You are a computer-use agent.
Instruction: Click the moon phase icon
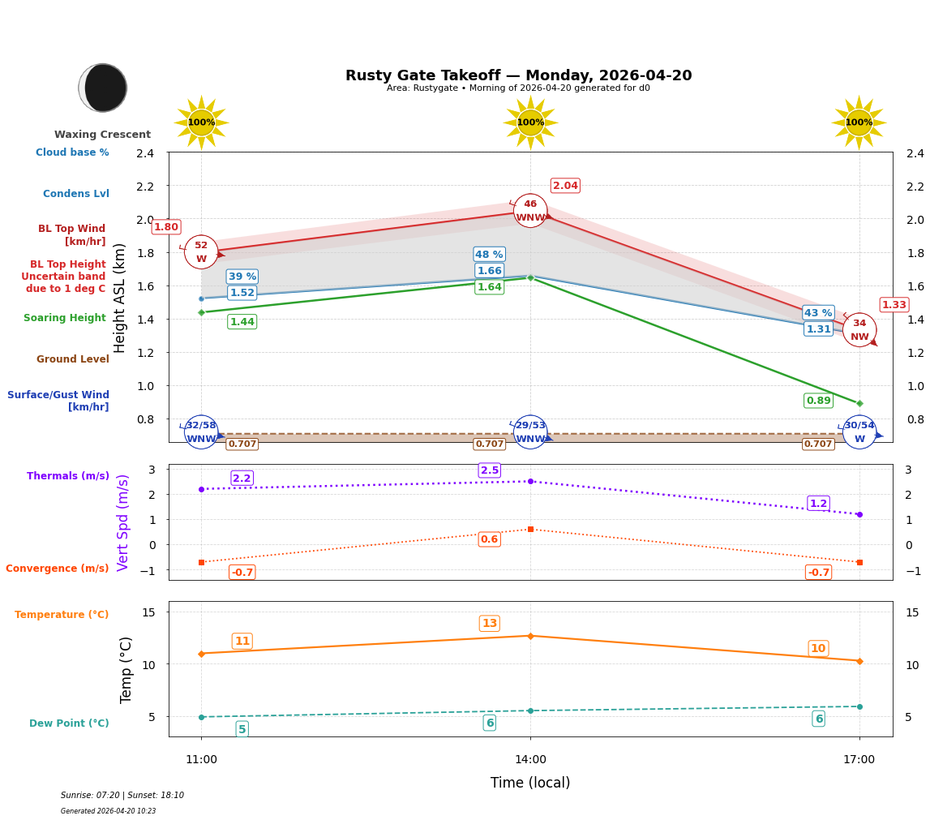click(x=103, y=88)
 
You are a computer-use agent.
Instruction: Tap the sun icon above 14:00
click(x=530, y=122)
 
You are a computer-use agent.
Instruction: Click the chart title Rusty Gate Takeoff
click(x=518, y=75)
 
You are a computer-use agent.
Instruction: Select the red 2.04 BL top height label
click(x=565, y=186)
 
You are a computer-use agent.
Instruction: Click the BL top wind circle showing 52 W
click(x=201, y=252)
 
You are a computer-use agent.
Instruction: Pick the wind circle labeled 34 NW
click(x=859, y=330)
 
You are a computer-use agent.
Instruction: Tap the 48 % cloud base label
click(x=489, y=255)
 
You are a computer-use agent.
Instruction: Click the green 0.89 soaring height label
click(x=818, y=401)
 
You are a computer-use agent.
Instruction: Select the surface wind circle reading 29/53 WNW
click(x=530, y=432)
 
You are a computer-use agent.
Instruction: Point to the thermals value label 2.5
click(x=490, y=470)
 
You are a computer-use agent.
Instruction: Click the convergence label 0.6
click(x=489, y=539)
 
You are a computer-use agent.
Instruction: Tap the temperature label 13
click(x=489, y=624)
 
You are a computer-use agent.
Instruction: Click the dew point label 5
click(x=242, y=729)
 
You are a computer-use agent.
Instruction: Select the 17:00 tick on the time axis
click(x=859, y=760)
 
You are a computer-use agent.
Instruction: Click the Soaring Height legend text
click(x=65, y=319)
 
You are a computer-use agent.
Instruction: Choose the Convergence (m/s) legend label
click(x=58, y=569)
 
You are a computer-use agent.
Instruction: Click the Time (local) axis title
click(x=530, y=783)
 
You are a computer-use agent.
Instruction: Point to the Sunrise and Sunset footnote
click(x=122, y=796)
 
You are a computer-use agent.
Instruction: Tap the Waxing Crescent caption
click(x=102, y=135)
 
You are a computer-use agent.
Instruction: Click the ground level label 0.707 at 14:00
click(x=489, y=444)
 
